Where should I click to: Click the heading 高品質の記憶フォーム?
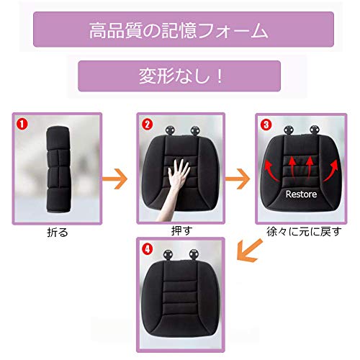(x=180, y=32)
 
